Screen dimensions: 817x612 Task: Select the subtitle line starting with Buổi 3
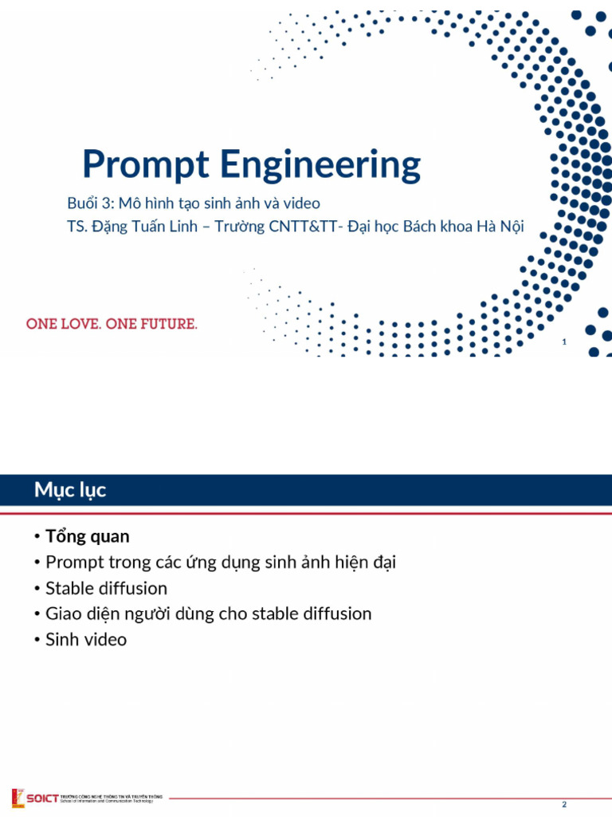click(x=194, y=203)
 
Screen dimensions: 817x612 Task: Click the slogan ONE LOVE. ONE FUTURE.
click(x=112, y=325)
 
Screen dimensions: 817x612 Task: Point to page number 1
click(x=564, y=342)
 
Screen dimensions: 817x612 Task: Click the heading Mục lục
click(x=70, y=490)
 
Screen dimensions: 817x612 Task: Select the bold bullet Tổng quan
click(x=87, y=536)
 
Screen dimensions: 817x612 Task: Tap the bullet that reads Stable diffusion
click(x=106, y=589)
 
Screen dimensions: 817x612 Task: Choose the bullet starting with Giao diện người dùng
click(x=208, y=614)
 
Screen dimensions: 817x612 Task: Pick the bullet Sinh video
click(x=86, y=640)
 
